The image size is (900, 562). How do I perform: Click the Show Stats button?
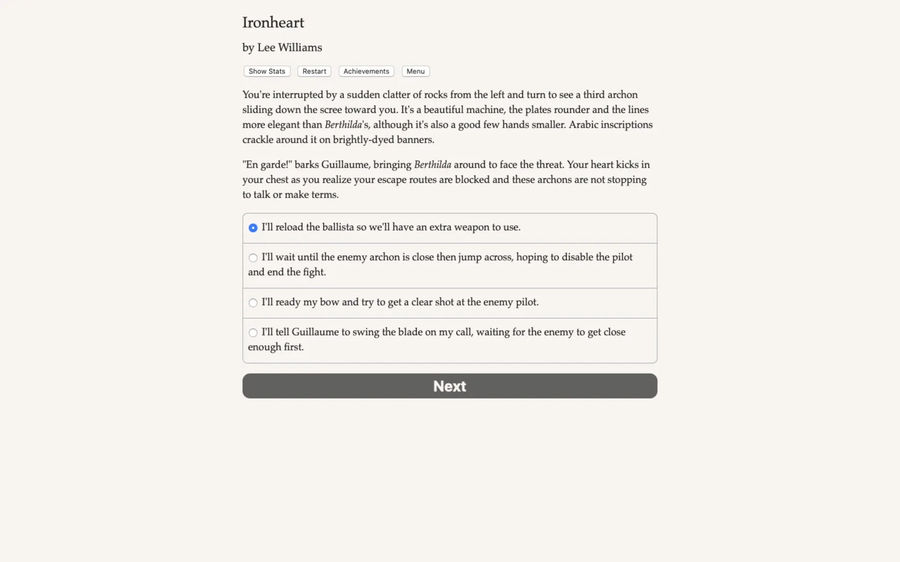coord(267,71)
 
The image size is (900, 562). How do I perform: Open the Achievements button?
coord(366,71)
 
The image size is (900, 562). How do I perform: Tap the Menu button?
coord(415,71)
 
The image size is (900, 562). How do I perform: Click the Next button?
coord(449,386)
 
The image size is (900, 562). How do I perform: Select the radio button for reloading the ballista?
coord(253,228)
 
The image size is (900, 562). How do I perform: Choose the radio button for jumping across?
coord(253,258)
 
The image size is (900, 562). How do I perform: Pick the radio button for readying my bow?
coord(253,303)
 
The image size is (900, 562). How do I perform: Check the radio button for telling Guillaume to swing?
coord(253,333)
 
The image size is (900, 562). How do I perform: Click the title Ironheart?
coord(273,22)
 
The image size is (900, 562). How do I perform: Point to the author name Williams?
coord(300,47)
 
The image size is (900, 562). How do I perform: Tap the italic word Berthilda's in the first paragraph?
coord(346,125)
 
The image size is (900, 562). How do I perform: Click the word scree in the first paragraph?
coord(330,110)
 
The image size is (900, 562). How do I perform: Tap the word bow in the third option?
coord(329,302)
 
